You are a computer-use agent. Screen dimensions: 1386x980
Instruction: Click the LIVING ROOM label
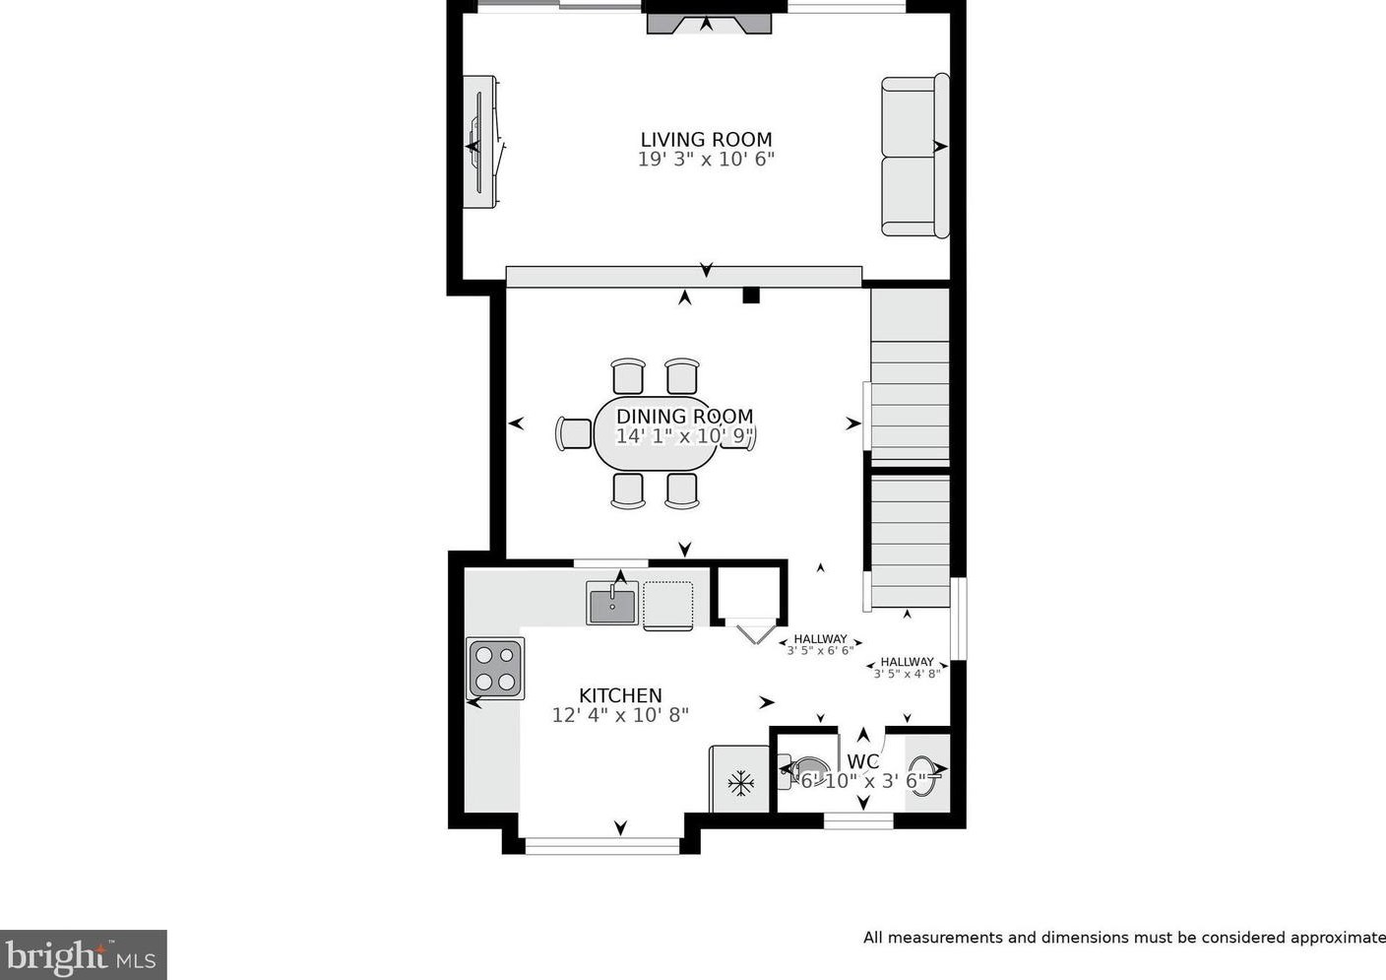(x=706, y=139)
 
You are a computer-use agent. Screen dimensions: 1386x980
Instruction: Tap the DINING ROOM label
(x=685, y=416)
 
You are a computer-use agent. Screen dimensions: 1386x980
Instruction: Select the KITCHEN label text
(x=620, y=695)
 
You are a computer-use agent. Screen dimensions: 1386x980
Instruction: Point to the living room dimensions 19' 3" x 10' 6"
(x=706, y=160)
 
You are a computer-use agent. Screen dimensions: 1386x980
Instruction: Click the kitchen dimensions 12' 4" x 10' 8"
(x=620, y=715)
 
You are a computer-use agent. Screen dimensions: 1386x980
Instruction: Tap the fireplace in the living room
(x=709, y=24)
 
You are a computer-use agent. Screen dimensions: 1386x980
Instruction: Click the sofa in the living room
(x=915, y=156)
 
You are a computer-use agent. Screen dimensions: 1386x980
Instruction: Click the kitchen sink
(x=612, y=603)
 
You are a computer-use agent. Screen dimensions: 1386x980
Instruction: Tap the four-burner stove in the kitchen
(x=495, y=669)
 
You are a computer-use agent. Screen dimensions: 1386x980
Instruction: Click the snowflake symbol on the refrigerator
(x=740, y=784)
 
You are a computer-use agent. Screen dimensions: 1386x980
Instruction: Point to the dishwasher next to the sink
(x=668, y=606)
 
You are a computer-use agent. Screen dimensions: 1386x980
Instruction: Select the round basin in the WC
(x=922, y=776)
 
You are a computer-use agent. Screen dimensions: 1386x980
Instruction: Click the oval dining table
(x=656, y=432)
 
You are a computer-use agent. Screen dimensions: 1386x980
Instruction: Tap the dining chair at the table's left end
(x=574, y=433)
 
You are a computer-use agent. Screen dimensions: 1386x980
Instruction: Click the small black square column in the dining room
(x=750, y=295)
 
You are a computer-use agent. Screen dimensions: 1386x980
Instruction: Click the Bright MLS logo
(x=83, y=954)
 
